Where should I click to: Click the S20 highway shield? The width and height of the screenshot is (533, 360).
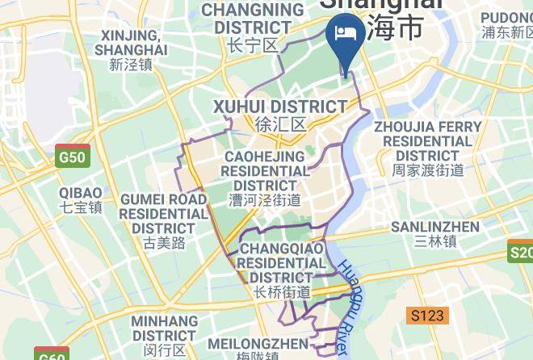pyautogui.click(x=521, y=253)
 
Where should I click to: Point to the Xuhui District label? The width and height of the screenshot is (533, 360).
pyautogui.click(x=279, y=107)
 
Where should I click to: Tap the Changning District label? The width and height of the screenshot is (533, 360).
pyautogui.click(x=252, y=18)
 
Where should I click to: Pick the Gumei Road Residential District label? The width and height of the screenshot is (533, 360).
pyautogui.click(x=164, y=214)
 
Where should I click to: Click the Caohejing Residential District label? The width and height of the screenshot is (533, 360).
pyautogui.click(x=265, y=172)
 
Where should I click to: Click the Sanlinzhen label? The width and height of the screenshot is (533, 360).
pyautogui.click(x=434, y=227)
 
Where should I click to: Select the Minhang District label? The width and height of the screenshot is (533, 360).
pyautogui.click(x=164, y=328)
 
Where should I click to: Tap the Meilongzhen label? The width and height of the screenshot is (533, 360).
pyautogui.click(x=258, y=344)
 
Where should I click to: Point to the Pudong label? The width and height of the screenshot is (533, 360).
pyautogui.click(x=507, y=18)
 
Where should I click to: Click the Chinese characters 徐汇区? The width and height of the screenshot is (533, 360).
pyautogui.click(x=279, y=125)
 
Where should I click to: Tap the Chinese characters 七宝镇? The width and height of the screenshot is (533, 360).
pyautogui.click(x=81, y=207)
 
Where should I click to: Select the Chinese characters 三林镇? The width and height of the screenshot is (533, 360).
pyautogui.click(x=434, y=241)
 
